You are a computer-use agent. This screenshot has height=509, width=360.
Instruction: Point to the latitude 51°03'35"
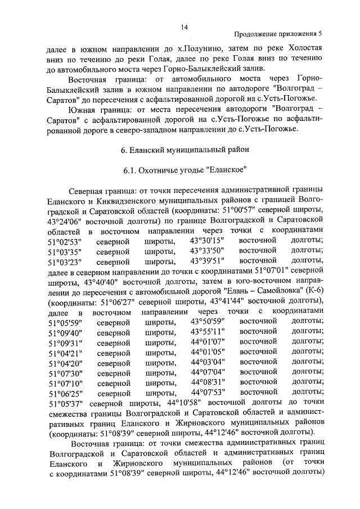(x=65, y=251)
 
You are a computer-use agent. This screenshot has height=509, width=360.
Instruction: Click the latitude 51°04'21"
(x=65, y=352)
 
